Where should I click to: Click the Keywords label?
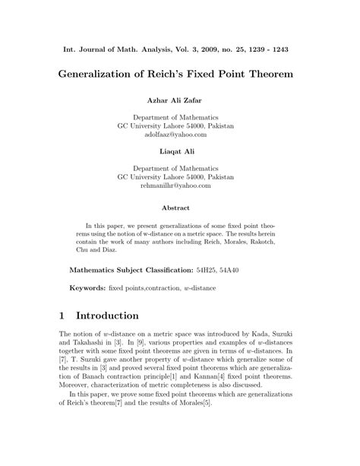click(87, 289)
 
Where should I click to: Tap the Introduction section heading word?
click(116, 315)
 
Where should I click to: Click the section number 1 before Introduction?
click(63, 315)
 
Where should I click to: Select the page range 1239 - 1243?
click(272, 50)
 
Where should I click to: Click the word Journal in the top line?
click(98, 50)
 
